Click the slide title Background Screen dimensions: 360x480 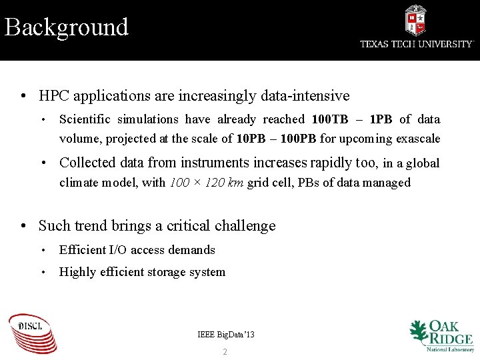[66, 27]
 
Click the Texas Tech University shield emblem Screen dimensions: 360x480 [415, 20]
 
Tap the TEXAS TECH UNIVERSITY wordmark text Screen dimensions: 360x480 [417, 44]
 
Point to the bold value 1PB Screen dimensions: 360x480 [381, 119]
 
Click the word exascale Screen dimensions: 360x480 [418, 139]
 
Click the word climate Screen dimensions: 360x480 [79, 183]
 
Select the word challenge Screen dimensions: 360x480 [245, 226]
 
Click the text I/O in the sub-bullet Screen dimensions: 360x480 [117, 250]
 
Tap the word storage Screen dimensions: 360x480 [166, 272]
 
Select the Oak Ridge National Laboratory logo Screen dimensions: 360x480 [441, 335]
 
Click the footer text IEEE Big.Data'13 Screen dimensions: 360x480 [226, 334]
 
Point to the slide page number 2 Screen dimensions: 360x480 [225, 351]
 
